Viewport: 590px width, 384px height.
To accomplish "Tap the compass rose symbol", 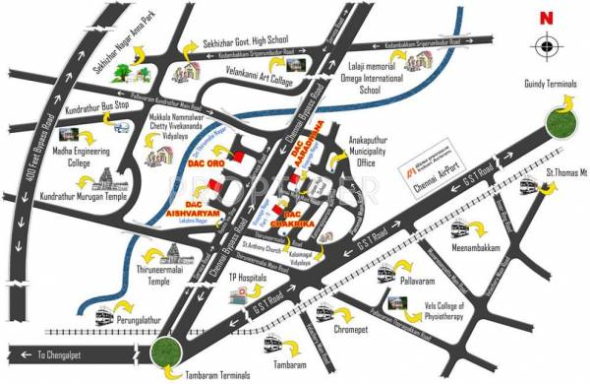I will click(x=545, y=46).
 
